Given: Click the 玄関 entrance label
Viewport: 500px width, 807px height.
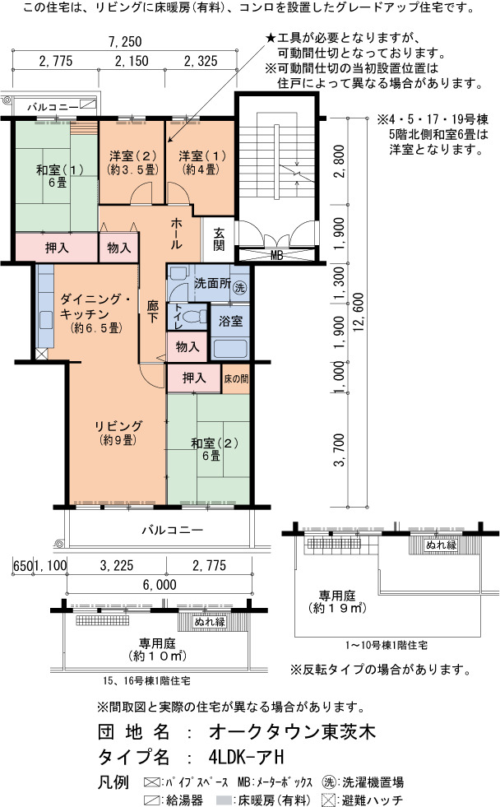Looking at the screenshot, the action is point(219,239).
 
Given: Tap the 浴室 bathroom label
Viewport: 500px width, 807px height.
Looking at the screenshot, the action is point(230,322).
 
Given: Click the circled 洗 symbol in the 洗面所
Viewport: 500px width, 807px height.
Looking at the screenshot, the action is point(239,287).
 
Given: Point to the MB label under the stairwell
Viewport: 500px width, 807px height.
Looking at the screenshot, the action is point(277,255).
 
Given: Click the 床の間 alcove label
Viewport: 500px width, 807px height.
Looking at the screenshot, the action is point(236,378).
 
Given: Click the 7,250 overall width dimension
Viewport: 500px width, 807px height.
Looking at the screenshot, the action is point(125,41).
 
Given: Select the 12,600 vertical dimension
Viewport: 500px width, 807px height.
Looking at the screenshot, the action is point(359,312).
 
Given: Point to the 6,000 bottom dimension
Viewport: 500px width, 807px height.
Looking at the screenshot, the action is point(160,585).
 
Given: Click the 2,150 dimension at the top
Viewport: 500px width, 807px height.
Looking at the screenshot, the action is point(132,61).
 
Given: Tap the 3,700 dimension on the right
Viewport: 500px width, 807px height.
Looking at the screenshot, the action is point(339,450).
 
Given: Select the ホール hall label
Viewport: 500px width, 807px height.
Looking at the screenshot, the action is point(176,233).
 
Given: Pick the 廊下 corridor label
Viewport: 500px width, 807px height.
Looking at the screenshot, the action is point(153,312).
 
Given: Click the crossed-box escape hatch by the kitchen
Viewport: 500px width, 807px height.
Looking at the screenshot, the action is point(41,354).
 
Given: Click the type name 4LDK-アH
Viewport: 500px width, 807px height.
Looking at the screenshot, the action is point(247,757).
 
